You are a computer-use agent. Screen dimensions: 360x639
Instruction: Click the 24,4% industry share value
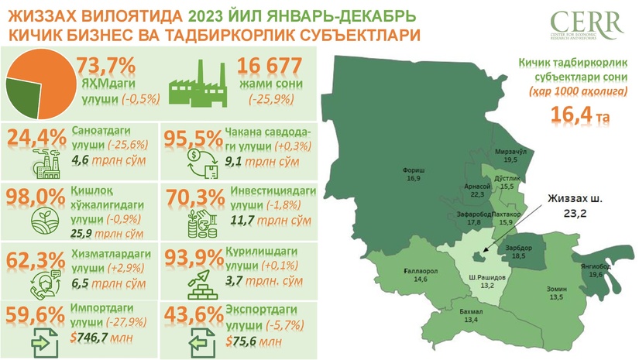click(x=36, y=138)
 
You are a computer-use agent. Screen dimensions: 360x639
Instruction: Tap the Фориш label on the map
click(x=412, y=170)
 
